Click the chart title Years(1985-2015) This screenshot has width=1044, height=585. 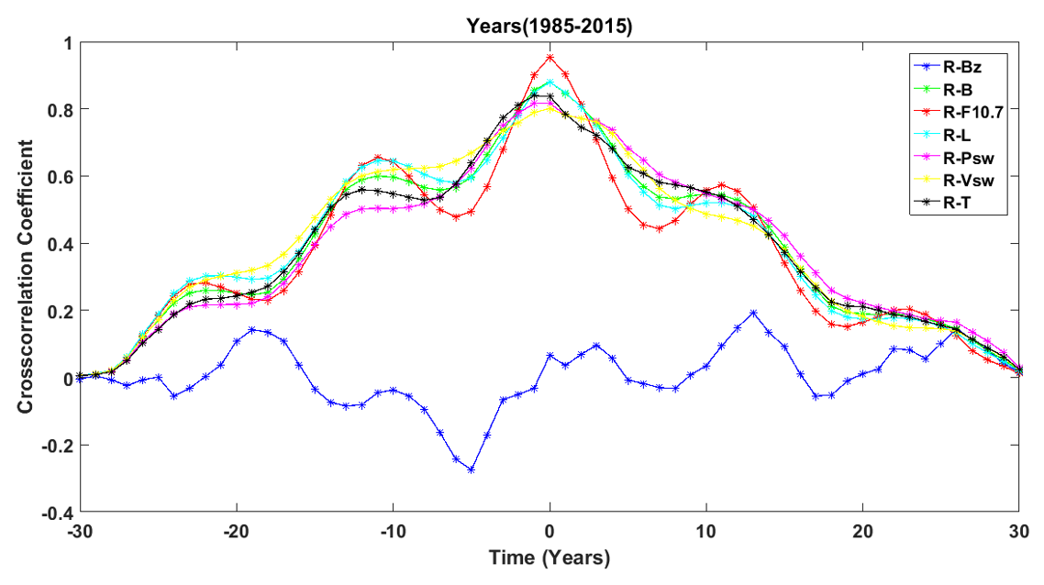(549, 28)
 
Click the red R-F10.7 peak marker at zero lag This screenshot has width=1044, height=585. (550, 58)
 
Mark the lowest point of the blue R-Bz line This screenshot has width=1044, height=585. (472, 469)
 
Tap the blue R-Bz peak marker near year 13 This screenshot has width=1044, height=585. (753, 313)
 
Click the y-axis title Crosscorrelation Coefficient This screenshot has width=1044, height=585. (29, 276)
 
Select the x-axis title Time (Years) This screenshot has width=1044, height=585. (549, 557)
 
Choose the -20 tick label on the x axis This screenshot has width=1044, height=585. (237, 531)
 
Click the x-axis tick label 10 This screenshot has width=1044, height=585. (705, 531)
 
